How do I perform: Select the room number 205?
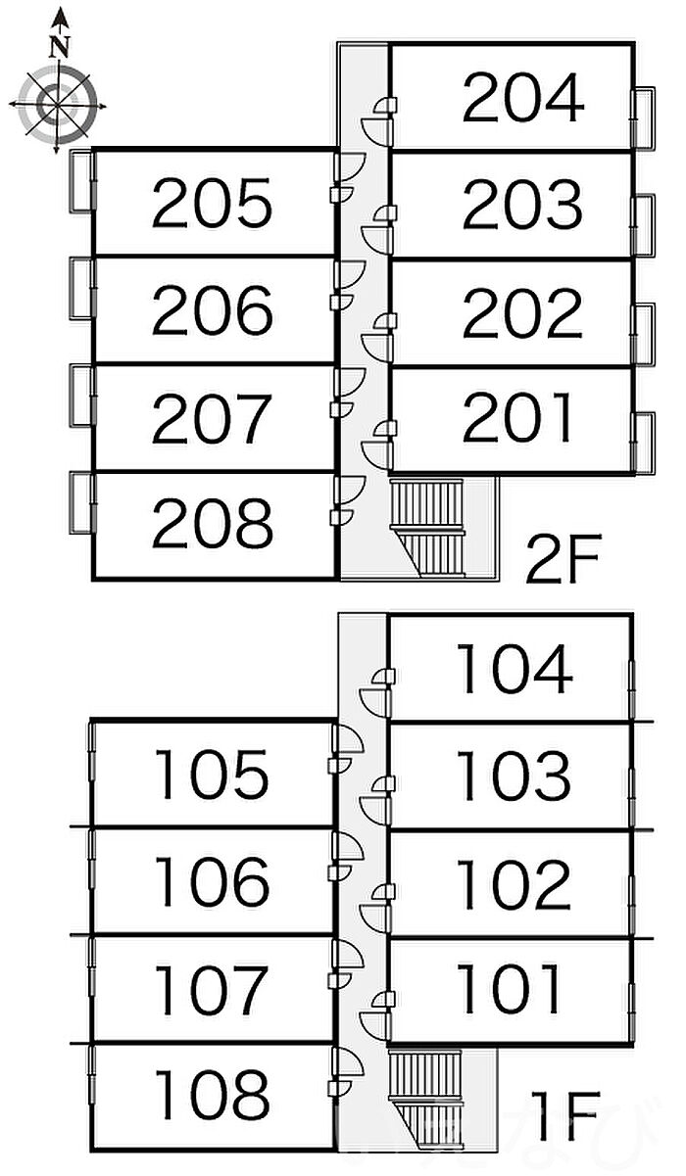point(212,206)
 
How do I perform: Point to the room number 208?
point(212,523)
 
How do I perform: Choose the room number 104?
point(514,670)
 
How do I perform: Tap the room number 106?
point(212,880)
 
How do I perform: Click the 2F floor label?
point(562,558)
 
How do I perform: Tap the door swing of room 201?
point(376,450)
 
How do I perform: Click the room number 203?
point(522,206)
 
